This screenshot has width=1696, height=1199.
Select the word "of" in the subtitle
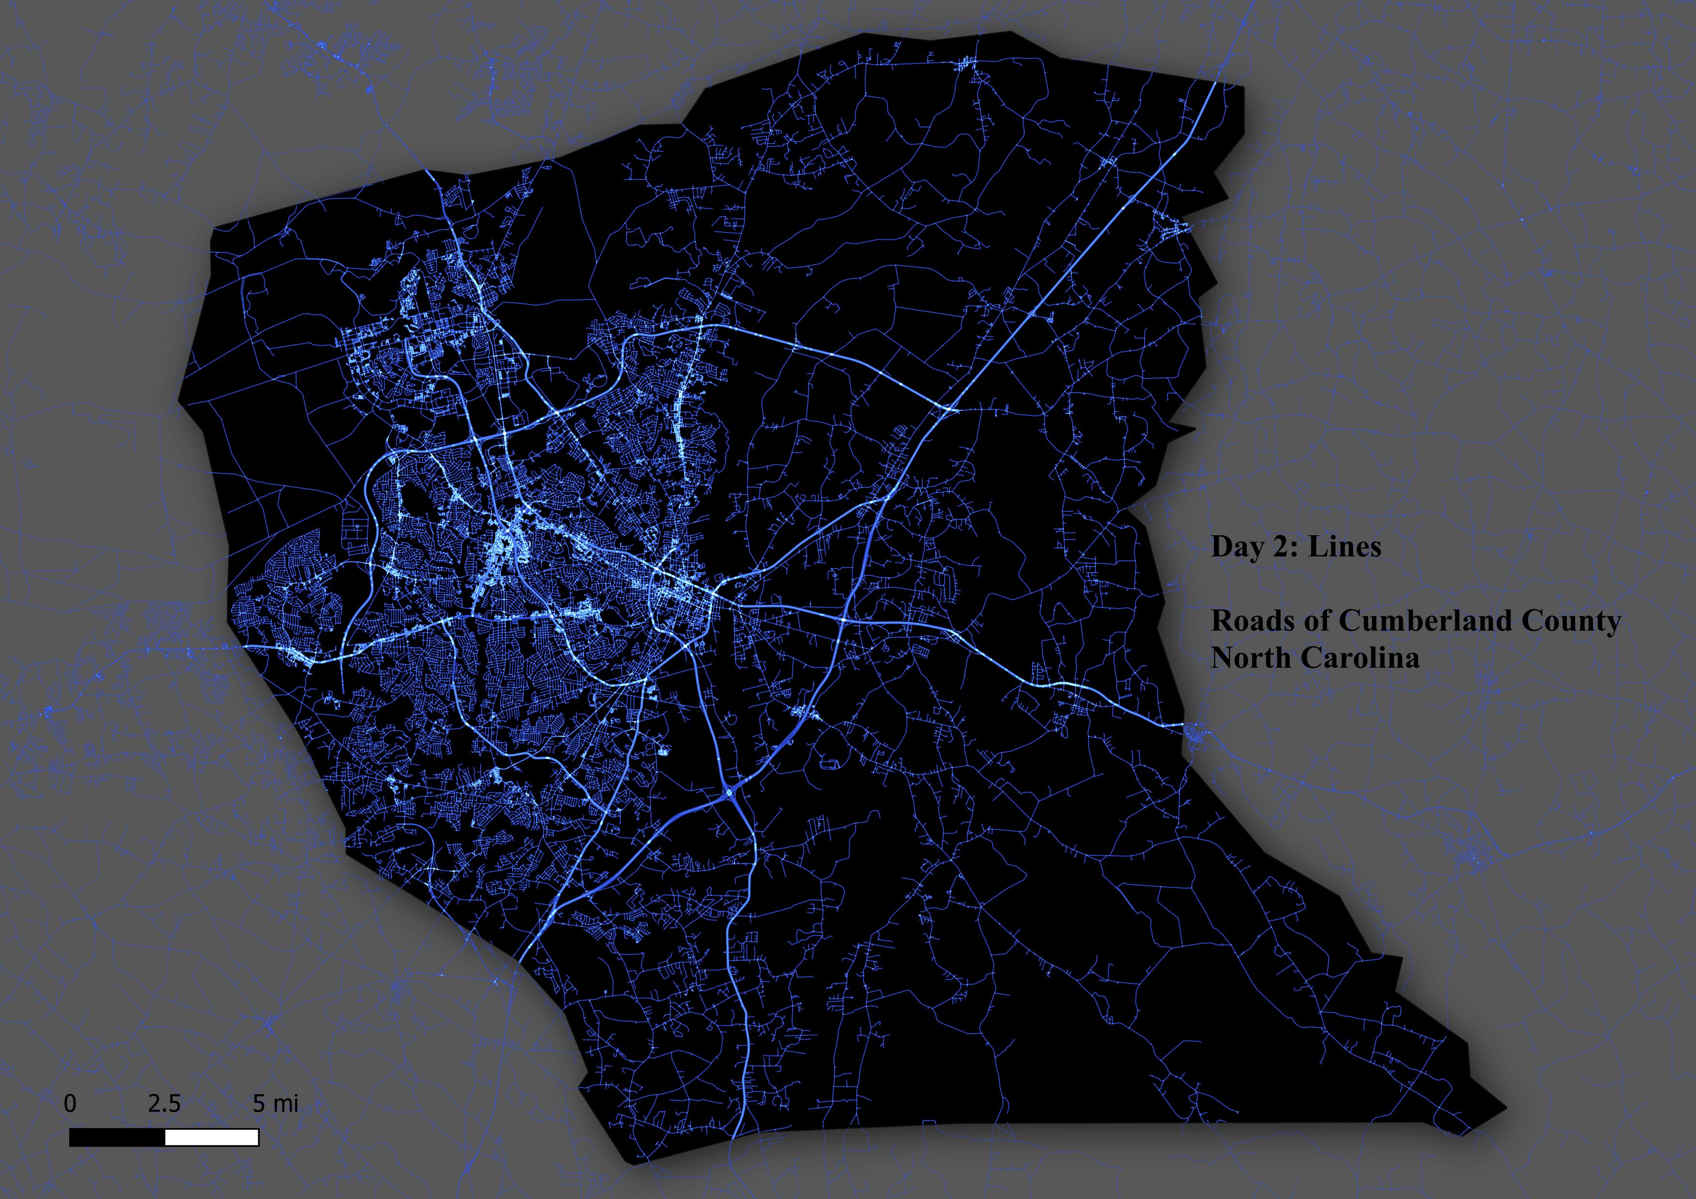[x=1316, y=621]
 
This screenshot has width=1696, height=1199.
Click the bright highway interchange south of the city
[x=731, y=794]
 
